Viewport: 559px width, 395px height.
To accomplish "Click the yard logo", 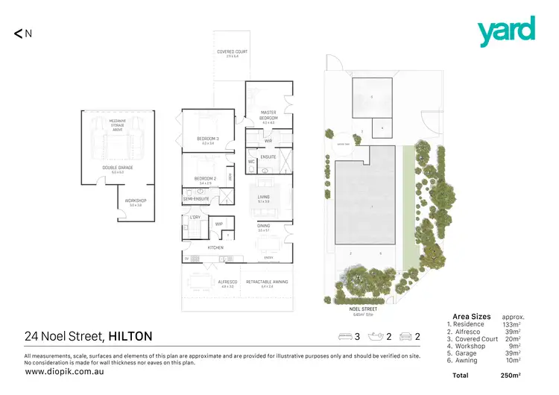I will [x=506, y=31].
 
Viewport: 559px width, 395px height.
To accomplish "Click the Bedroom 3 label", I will [x=207, y=139].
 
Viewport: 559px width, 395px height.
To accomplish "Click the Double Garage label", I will [x=118, y=168].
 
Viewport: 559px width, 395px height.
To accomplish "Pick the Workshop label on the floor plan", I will [x=135, y=201].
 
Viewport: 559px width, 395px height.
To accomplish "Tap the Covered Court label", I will [x=232, y=51].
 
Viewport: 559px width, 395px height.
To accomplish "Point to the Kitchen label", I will [x=215, y=247].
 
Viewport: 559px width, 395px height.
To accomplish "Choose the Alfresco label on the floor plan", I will [x=207, y=282].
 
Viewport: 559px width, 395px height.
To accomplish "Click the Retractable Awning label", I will [x=265, y=282].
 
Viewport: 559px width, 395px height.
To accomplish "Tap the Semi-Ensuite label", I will [x=195, y=199].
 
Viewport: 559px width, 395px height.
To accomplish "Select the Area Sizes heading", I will [x=470, y=317].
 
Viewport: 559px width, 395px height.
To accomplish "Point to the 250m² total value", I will [x=510, y=375].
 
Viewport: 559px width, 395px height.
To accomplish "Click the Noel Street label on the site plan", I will [x=363, y=308].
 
